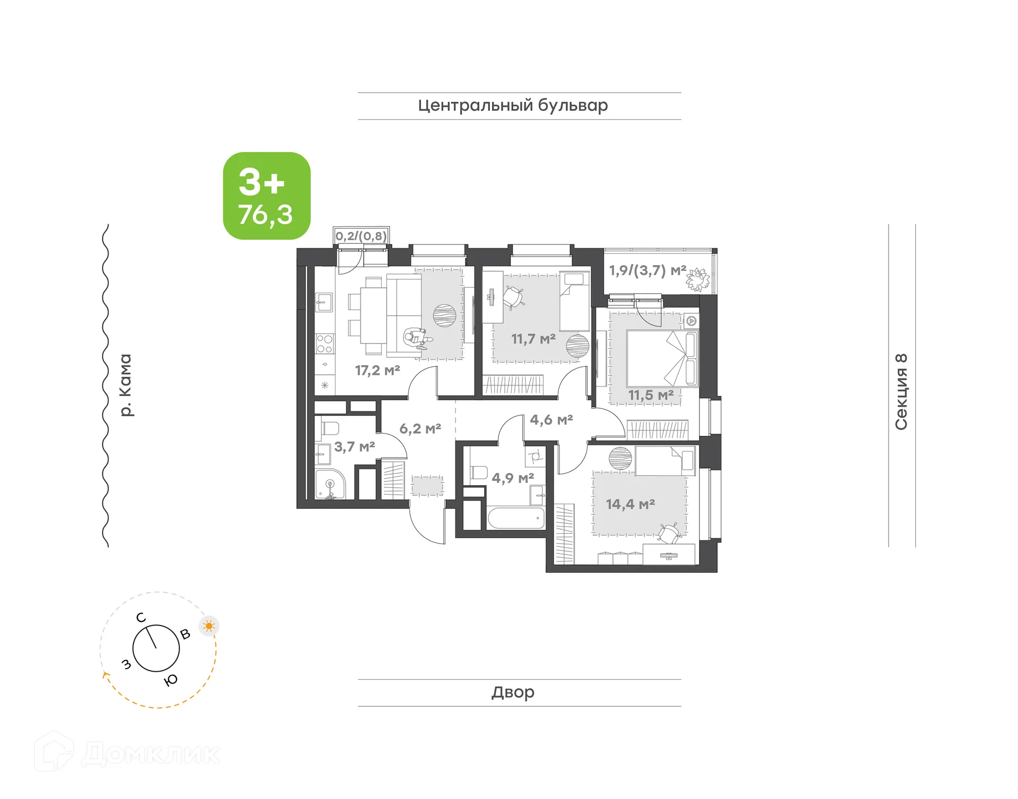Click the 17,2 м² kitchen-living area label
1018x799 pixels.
(377, 370)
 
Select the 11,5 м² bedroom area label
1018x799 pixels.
(651, 395)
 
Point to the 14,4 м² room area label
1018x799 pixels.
(630, 504)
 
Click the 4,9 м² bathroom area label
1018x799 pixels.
(512, 478)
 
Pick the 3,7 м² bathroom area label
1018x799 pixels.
(354, 446)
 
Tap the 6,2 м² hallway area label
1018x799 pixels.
(420, 428)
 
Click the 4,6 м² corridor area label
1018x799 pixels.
(551, 420)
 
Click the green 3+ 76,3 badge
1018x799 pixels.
(267, 196)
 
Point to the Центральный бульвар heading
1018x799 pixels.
(513, 106)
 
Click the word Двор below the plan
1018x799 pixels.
(513, 692)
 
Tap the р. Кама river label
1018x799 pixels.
(125, 385)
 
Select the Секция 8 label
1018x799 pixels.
(901, 391)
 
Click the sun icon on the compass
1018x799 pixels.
(209, 626)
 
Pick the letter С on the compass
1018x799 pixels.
(141, 617)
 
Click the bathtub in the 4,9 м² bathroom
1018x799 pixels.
(515, 518)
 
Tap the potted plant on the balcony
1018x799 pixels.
(697, 279)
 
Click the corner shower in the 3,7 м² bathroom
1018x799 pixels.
(329, 484)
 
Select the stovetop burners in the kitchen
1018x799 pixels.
(324, 344)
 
